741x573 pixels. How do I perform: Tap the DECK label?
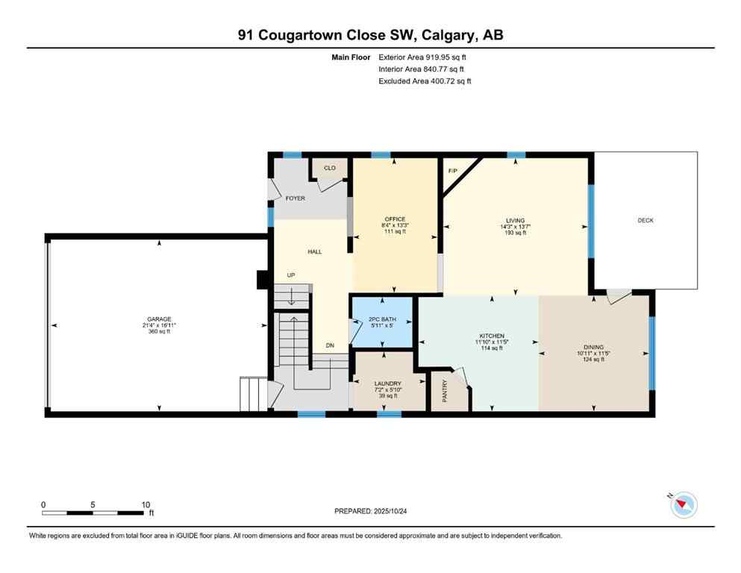pyautogui.click(x=645, y=220)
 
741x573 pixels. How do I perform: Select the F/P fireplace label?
pyautogui.click(x=452, y=172)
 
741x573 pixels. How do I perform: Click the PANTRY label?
pyautogui.click(x=443, y=392)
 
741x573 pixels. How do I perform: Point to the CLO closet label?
pyautogui.click(x=329, y=168)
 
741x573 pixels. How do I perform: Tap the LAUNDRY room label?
pyautogui.click(x=387, y=383)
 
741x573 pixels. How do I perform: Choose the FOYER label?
pyautogui.click(x=296, y=198)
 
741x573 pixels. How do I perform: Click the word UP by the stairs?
pyautogui.click(x=291, y=275)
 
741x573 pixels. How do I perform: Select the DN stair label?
pyautogui.click(x=329, y=345)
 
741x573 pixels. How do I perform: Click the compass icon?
pyautogui.click(x=682, y=505)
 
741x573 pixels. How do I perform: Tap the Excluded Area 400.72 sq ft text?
pyautogui.click(x=425, y=81)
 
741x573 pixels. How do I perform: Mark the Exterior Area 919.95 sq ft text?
pyautogui.click(x=425, y=57)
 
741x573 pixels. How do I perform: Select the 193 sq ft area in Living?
pyautogui.click(x=514, y=233)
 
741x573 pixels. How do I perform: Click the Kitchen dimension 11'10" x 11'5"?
pyautogui.click(x=492, y=342)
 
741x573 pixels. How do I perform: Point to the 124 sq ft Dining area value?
pyautogui.click(x=593, y=360)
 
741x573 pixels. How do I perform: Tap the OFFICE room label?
pyautogui.click(x=395, y=219)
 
